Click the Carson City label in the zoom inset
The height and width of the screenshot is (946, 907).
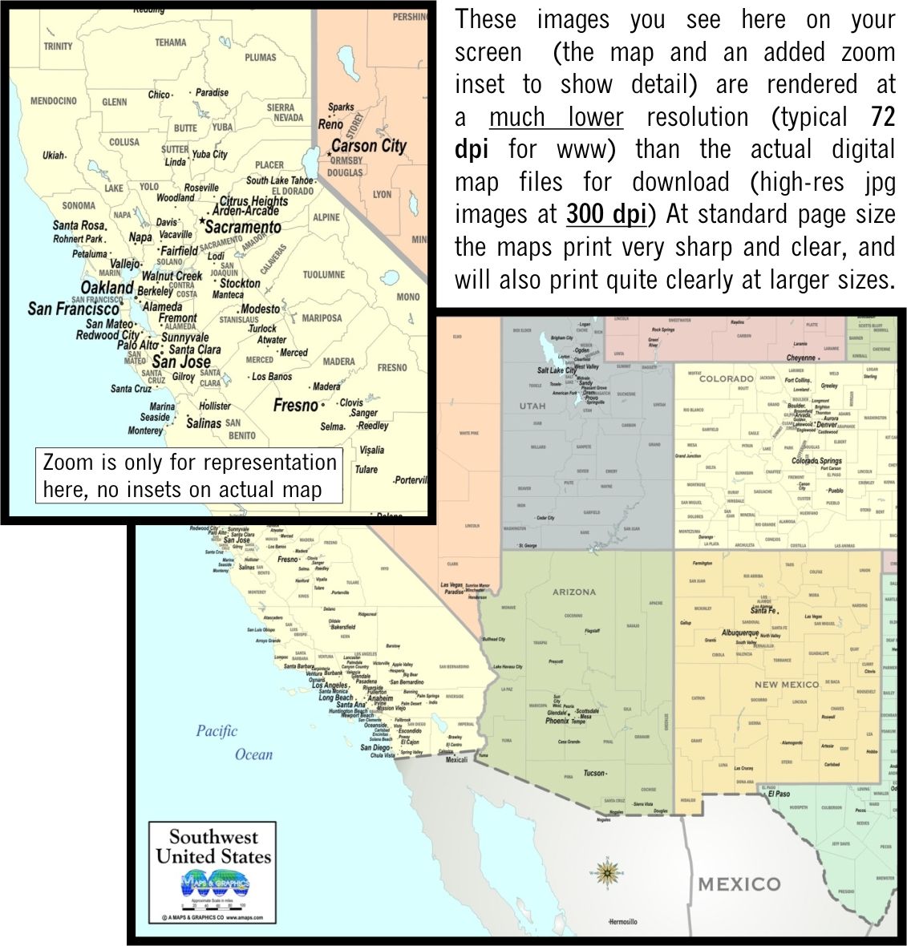pos(368,146)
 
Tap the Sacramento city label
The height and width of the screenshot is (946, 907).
pos(242,227)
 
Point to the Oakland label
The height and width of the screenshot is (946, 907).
pos(107,288)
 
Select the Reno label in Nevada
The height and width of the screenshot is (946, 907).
pos(330,124)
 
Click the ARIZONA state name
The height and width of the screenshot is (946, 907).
pos(574,592)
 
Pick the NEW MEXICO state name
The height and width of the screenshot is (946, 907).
pos(787,685)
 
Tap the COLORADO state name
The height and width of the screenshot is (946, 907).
pos(726,378)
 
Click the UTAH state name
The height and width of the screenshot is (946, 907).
pos(532,406)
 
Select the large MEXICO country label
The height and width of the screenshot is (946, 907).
pos(739,884)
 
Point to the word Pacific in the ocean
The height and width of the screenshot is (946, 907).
pos(217,730)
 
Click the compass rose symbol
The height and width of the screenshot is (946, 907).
pos(608,871)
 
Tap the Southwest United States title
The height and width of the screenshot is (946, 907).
pos(213,847)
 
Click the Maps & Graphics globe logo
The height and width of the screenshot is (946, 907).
pos(215,884)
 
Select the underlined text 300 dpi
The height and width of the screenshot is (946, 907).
pos(606,215)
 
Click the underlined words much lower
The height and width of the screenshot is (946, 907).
pos(556,117)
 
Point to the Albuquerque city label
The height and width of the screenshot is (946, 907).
pos(739,633)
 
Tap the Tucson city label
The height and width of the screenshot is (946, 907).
pos(593,773)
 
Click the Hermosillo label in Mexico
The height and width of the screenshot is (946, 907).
pos(622,922)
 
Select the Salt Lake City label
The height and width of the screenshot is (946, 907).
pos(556,370)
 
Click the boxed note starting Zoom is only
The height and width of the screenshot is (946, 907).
pos(189,476)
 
